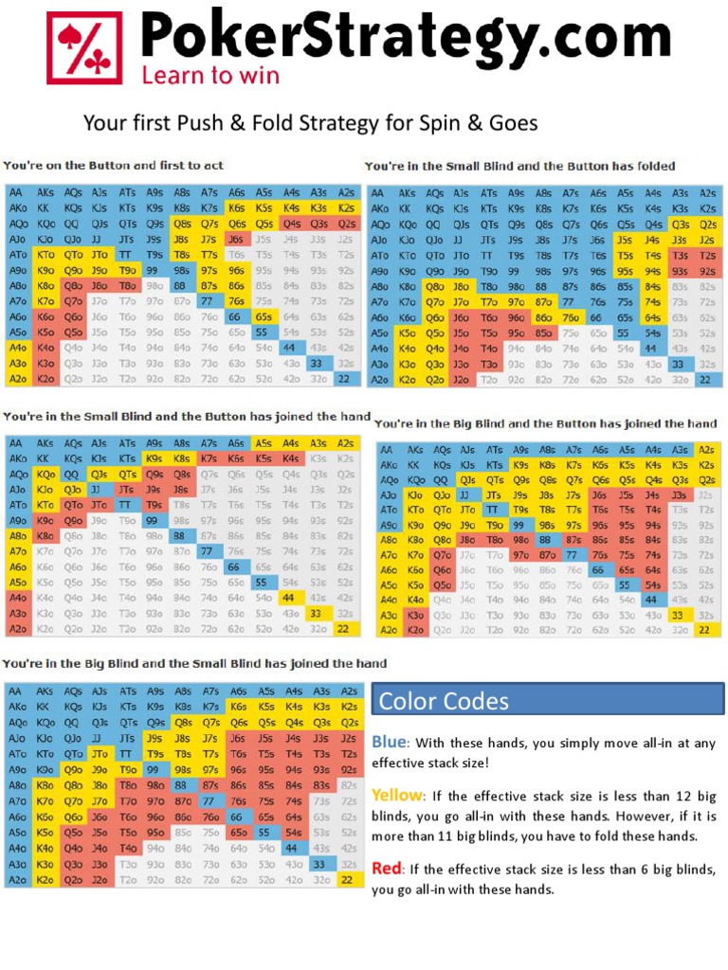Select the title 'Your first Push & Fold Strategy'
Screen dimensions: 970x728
coord(310,124)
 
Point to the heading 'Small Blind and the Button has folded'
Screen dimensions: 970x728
coord(534,166)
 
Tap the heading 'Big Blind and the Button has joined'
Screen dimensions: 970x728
coord(546,423)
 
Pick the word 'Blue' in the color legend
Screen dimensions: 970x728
coord(389,742)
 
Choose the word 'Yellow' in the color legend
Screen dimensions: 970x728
coord(395,796)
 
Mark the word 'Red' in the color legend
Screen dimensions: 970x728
coord(386,869)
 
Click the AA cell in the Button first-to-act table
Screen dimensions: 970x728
coord(19,192)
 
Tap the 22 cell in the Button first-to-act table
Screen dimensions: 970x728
coord(347,379)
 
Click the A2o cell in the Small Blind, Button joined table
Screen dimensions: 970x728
coord(19,629)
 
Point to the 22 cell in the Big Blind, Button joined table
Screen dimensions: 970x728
coord(704,629)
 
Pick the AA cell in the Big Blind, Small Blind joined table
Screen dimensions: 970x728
coord(19,692)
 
